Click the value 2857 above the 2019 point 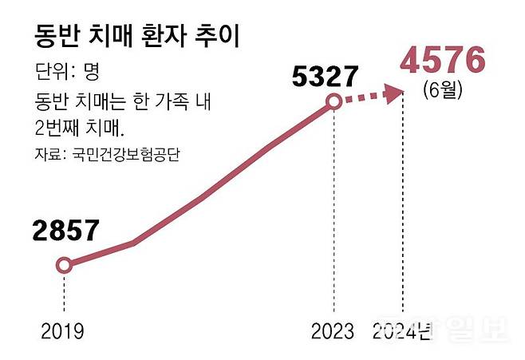click(x=65, y=231)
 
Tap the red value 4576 click(x=444, y=61)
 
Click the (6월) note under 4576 click(x=444, y=91)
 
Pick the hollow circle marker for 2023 click(x=334, y=101)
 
